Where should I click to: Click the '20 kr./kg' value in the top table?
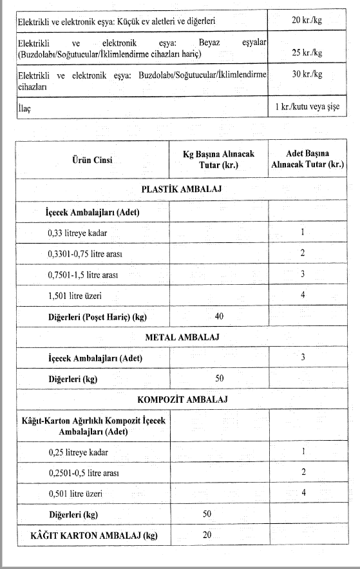(306, 21)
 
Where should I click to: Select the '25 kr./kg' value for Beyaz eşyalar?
(306, 51)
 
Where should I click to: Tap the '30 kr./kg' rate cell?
(306, 74)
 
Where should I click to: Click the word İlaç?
(24, 109)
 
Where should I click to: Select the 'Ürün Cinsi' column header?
(91, 160)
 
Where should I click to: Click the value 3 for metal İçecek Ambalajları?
(302, 357)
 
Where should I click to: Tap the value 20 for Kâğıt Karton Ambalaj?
(207, 535)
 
